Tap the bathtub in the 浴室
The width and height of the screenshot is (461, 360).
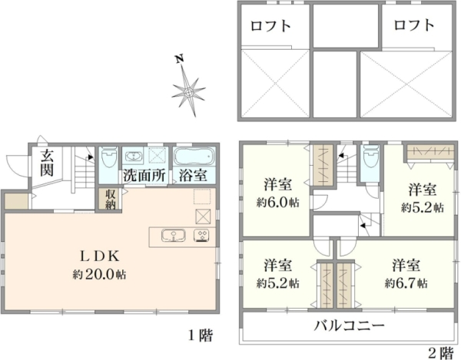coord(194,157)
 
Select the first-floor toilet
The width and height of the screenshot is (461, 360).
coord(108,157)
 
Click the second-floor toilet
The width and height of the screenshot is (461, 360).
coord(370,156)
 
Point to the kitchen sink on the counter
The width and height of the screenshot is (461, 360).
coord(173,236)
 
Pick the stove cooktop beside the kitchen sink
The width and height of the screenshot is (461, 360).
coord(201,236)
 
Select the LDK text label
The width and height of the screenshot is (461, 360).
coord(100,256)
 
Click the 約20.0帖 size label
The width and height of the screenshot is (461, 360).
coord(100,275)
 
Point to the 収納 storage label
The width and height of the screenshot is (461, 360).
coord(110,199)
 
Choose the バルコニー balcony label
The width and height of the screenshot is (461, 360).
coord(350,325)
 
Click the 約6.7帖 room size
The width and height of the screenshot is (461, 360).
coord(406,283)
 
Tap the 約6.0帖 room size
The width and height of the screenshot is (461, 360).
coord(278,203)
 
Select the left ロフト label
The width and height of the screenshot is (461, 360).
coord(270,26)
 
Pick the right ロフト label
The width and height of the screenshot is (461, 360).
coord(414,25)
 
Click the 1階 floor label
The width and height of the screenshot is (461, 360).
coord(201,335)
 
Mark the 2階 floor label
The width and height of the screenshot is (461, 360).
coord(441,352)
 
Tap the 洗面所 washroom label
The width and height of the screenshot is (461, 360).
coord(144,176)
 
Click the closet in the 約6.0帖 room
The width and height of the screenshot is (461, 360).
coord(323,165)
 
